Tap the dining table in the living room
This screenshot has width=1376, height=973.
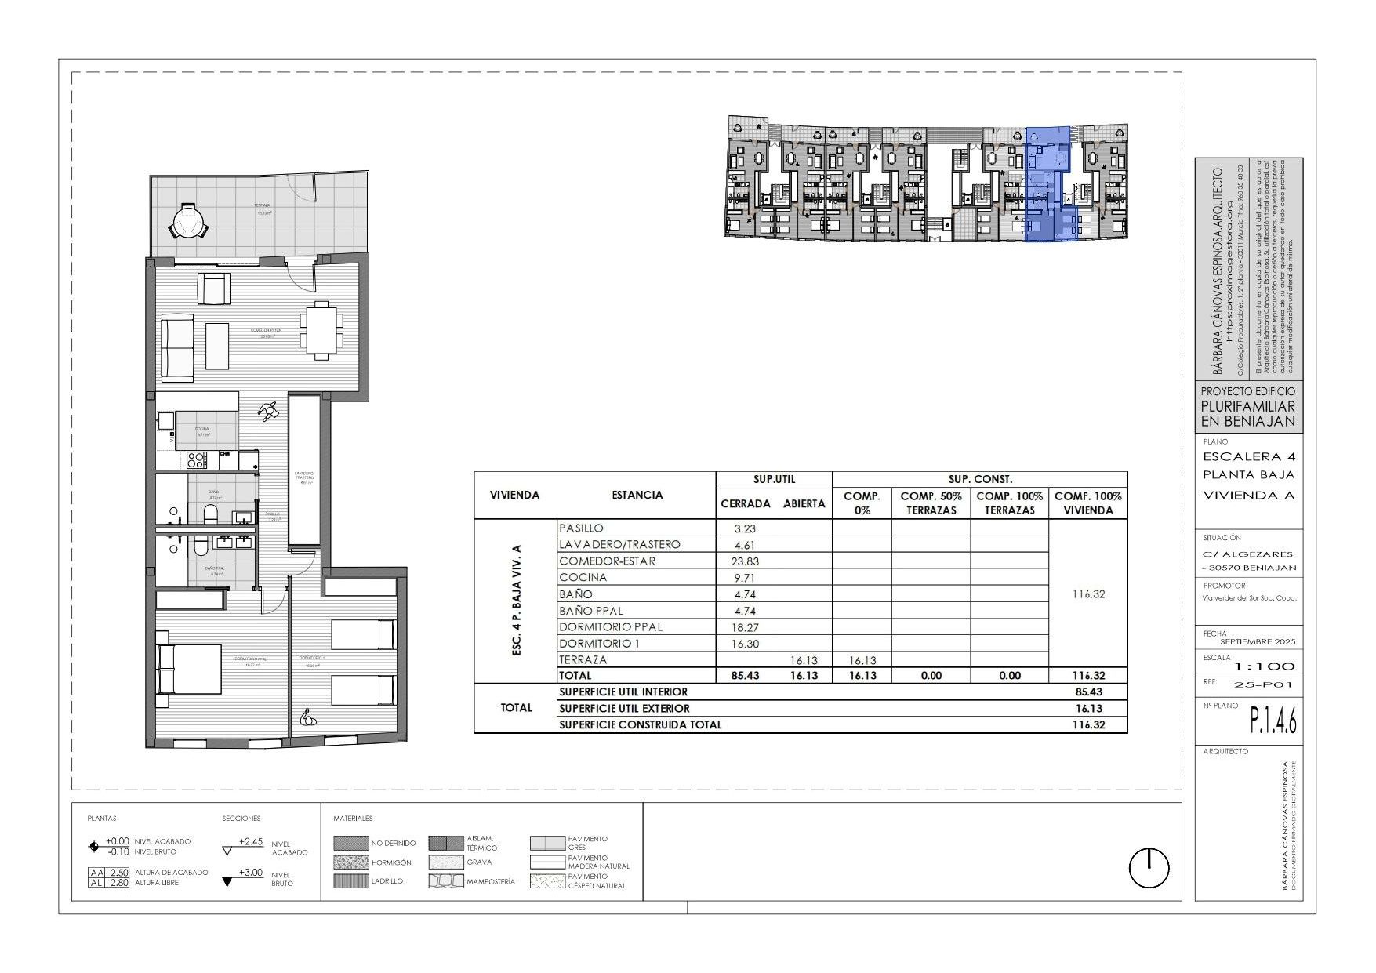tap(321, 330)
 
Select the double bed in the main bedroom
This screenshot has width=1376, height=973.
tap(189, 669)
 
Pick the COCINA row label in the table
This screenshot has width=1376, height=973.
tap(583, 578)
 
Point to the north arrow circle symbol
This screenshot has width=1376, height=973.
tap(1149, 868)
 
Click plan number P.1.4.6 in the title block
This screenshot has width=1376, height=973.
tap(1273, 721)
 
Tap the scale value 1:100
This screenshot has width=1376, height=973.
tap(1265, 666)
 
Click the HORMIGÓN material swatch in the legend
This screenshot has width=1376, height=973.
tap(350, 862)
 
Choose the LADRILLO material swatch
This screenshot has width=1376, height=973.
tap(350, 881)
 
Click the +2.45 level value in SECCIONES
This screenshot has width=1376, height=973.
tap(250, 841)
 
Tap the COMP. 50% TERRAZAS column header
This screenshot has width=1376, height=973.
tap(931, 503)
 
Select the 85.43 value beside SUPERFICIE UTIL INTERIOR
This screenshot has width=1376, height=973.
tap(1088, 692)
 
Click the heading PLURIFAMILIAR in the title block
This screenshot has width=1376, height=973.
tap(1248, 406)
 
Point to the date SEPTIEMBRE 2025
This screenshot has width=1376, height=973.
tap(1258, 641)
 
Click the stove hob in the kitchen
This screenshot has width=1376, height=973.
tap(196, 459)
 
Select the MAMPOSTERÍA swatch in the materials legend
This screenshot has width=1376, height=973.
tap(446, 881)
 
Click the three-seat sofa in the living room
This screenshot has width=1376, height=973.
tap(178, 347)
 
